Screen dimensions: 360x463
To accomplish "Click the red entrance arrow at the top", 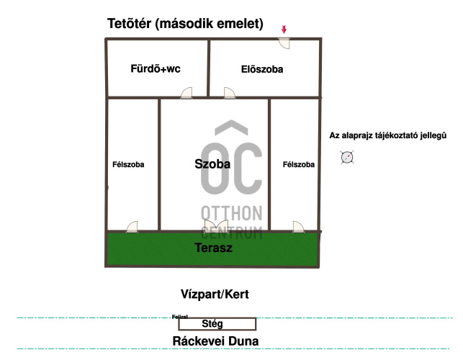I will click(x=284, y=30).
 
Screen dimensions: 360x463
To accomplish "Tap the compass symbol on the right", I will click(x=348, y=157).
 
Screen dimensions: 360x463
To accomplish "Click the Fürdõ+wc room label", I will click(x=155, y=69).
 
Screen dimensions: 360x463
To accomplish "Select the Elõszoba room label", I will click(x=262, y=69).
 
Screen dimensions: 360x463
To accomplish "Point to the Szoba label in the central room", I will click(x=212, y=164).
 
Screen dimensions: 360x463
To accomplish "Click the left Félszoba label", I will click(x=128, y=165).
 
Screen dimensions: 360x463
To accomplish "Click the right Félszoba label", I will click(x=299, y=165).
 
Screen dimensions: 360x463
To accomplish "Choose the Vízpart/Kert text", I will click(x=215, y=294).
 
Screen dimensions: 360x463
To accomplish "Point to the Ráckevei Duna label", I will click(x=216, y=341).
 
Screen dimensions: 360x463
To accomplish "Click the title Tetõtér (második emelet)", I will click(x=185, y=24).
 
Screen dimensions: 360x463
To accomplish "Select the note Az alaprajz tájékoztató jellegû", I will click(x=388, y=135).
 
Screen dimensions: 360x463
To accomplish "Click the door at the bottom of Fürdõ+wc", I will click(x=187, y=92).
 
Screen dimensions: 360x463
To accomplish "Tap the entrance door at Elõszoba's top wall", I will click(x=284, y=42).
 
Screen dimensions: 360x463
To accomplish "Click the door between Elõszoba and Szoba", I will click(x=230, y=92).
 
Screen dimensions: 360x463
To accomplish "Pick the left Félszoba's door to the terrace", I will click(x=132, y=227).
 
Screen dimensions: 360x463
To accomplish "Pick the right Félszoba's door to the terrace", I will click(x=298, y=227).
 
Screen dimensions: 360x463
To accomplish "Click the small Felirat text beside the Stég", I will click(x=180, y=316).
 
